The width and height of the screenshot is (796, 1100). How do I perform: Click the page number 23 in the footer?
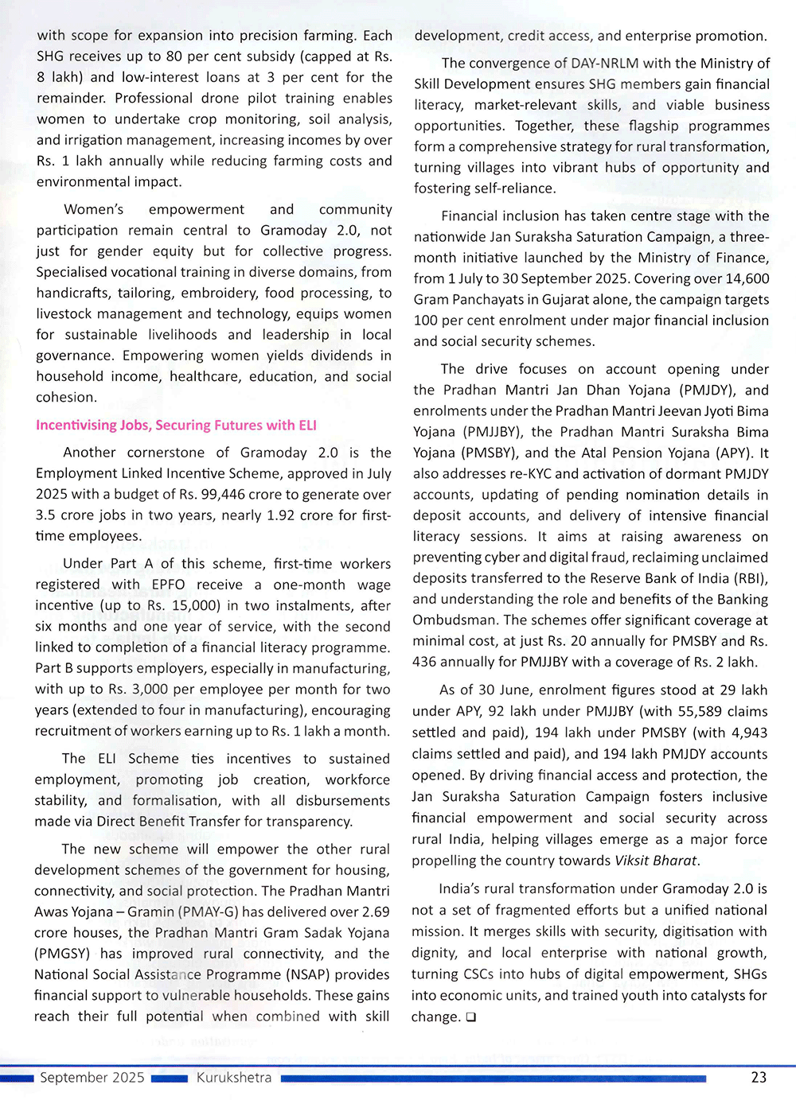pos(759,1077)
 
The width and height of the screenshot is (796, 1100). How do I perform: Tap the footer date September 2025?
pos(92,1078)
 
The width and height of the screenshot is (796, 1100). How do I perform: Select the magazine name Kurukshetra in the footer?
pos(234,1078)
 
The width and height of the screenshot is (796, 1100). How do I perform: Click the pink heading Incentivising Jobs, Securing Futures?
pos(176,425)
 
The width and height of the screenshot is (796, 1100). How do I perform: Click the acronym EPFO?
pos(168,585)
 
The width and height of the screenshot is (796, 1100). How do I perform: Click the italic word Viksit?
pos(634,861)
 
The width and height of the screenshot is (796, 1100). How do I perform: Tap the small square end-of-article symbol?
pos(470,1017)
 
